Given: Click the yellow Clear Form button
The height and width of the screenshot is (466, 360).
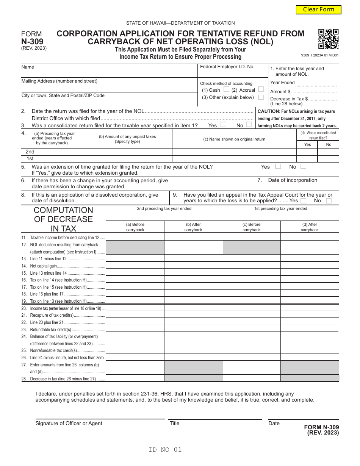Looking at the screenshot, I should (x=318, y=9).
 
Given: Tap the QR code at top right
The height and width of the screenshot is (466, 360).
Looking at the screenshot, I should (x=328, y=39).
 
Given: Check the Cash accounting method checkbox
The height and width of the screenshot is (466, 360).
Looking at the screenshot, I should (x=226, y=89).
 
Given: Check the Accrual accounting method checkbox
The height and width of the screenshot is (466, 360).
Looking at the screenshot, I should (x=261, y=89).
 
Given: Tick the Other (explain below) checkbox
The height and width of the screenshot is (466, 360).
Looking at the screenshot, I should (x=261, y=97).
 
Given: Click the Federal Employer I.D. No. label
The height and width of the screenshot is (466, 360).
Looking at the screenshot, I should (x=227, y=67).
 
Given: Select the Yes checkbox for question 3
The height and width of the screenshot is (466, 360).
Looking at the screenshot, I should (x=224, y=125).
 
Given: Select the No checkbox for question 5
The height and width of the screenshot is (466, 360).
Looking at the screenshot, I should (x=303, y=166).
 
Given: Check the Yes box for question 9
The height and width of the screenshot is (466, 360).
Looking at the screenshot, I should (x=304, y=200).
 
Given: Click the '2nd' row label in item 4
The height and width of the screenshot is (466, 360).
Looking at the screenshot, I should (x=30, y=152).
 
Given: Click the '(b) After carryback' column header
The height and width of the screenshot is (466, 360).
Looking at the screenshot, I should (x=193, y=227).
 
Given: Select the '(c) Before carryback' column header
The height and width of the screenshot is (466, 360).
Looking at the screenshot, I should (x=252, y=227).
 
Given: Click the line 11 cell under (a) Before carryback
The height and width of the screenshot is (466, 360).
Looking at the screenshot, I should (x=135, y=237).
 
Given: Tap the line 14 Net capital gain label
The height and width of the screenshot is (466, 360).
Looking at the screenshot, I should (x=44, y=266).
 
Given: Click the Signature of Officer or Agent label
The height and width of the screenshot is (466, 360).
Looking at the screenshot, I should (x=69, y=423).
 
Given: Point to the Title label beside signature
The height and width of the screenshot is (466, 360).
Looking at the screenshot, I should (x=174, y=423).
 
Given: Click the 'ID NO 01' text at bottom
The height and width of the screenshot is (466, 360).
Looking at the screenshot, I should (x=165, y=450).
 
